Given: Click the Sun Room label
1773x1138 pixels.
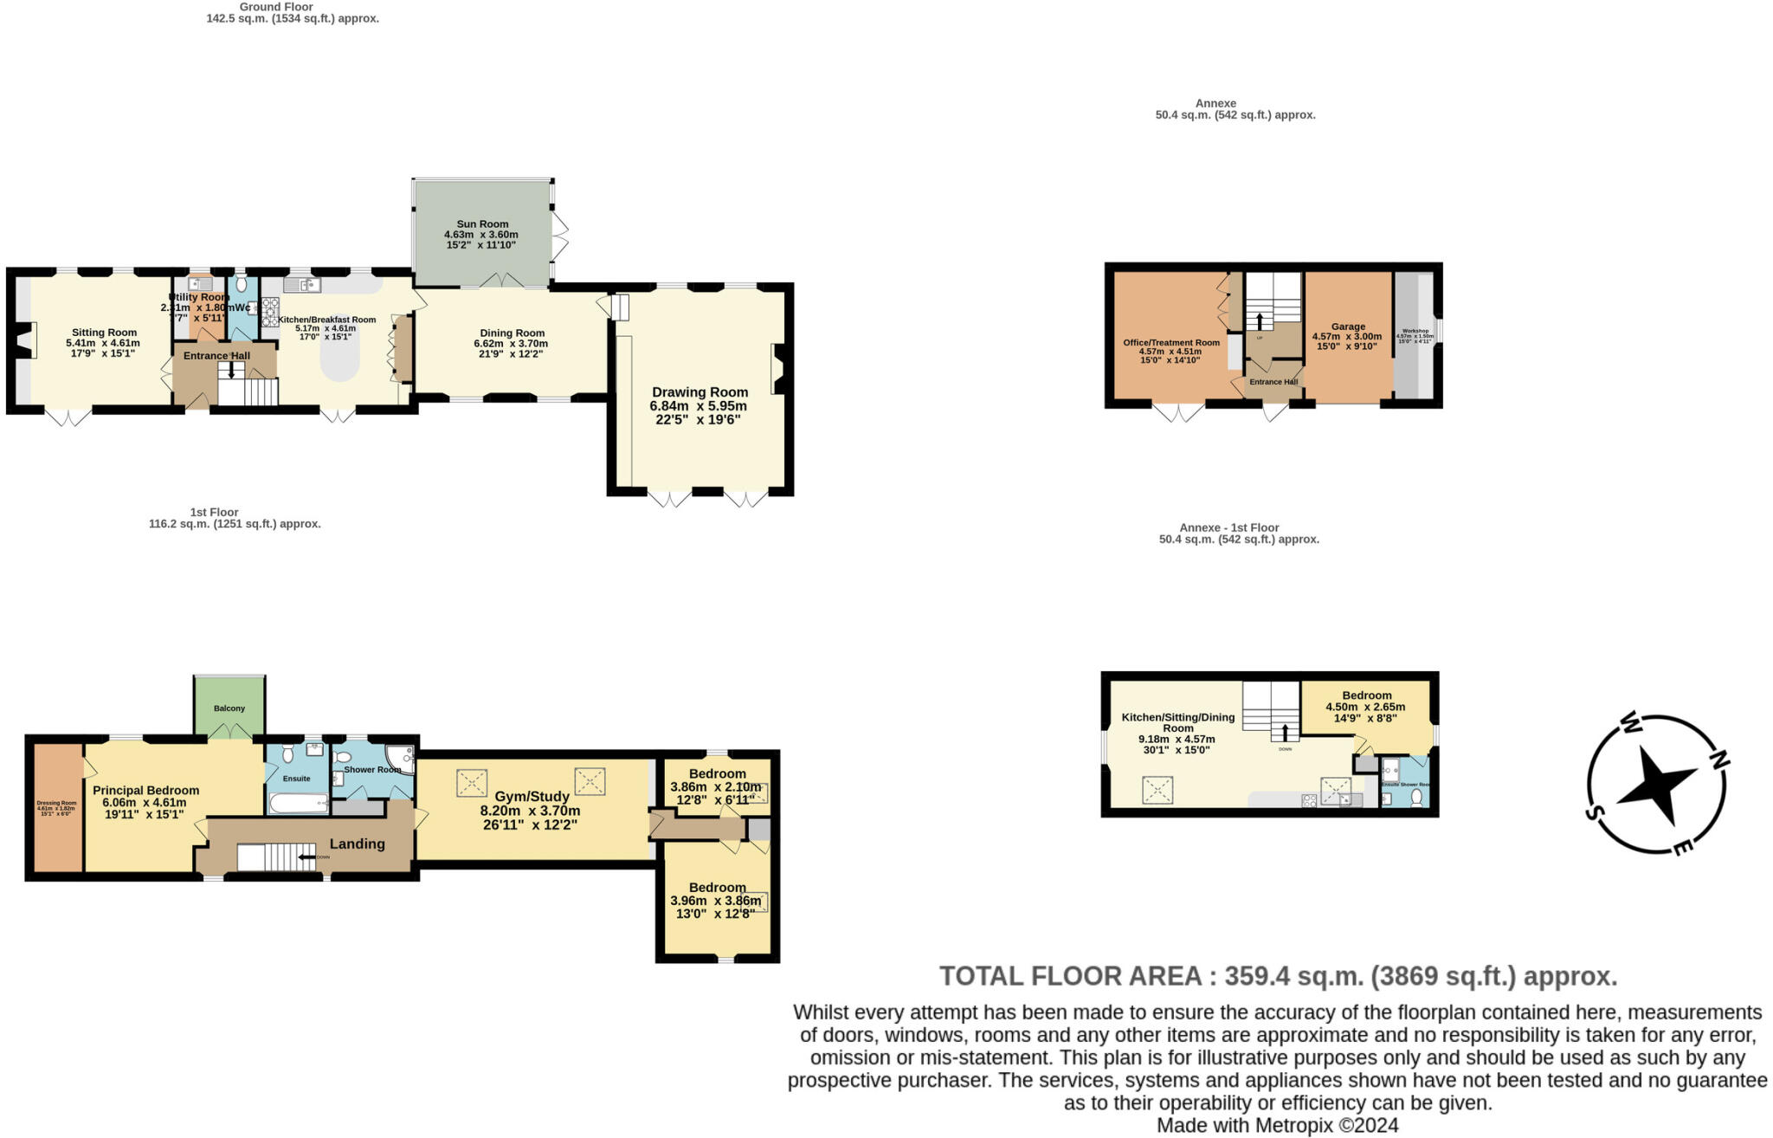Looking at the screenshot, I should pyautogui.click(x=482, y=224).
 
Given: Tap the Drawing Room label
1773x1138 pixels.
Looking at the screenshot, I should pyautogui.click(x=700, y=392).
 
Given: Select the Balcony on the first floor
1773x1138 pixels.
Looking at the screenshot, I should pyautogui.click(x=229, y=708).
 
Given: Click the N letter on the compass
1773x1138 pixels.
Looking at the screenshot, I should pyautogui.click(x=1718, y=760).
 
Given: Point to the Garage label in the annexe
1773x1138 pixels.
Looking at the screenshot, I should pyautogui.click(x=1348, y=327).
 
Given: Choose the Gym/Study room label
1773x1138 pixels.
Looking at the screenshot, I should pyautogui.click(x=532, y=797).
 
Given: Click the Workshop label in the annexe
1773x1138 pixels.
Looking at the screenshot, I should pyautogui.click(x=1415, y=331).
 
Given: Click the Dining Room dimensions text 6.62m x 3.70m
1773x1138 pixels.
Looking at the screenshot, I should pyautogui.click(x=511, y=344).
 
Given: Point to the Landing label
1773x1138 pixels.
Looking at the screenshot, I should pyautogui.click(x=357, y=844).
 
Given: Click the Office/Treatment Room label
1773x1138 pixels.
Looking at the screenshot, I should pyautogui.click(x=1171, y=342).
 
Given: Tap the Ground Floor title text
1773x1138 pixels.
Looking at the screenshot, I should pyautogui.click(x=276, y=7).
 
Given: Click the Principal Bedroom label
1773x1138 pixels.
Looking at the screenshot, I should pyautogui.click(x=145, y=790).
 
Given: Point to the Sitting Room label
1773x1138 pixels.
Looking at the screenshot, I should pyautogui.click(x=104, y=333).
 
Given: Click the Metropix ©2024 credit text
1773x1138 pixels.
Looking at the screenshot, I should pyautogui.click(x=1278, y=1125).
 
